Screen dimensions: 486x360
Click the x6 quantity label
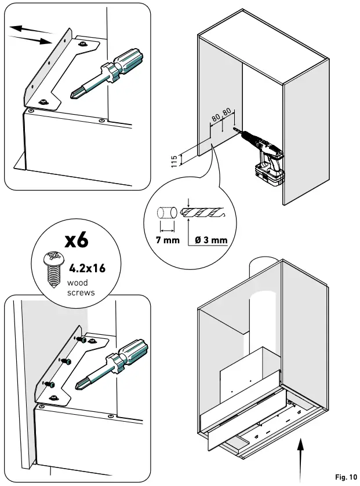[x=76, y=240]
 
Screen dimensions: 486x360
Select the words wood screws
[x=81, y=288]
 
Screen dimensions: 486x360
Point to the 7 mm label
[x=168, y=240]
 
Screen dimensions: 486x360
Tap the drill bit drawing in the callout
[x=203, y=213]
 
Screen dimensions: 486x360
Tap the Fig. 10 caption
[x=346, y=477]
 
